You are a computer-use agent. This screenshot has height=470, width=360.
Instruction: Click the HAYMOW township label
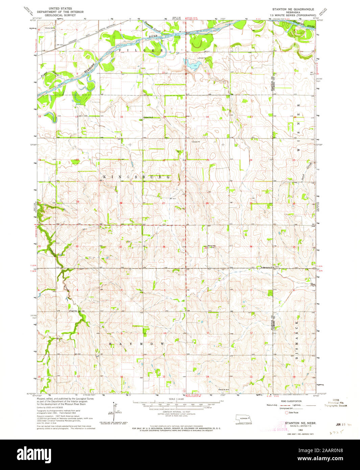pyautogui.click(x=137, y=344)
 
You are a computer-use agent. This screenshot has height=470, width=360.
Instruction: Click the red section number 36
pyautogui.click(x=251, y=246)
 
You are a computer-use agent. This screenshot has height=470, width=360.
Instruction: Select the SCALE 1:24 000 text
pyautogui.click(x=176, y=399)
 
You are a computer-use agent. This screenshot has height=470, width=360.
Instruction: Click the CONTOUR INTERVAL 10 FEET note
pyautogui.click(x=176, y=412)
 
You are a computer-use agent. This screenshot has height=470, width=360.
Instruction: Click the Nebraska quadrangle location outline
pyautogui.click(x=243, y=419)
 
